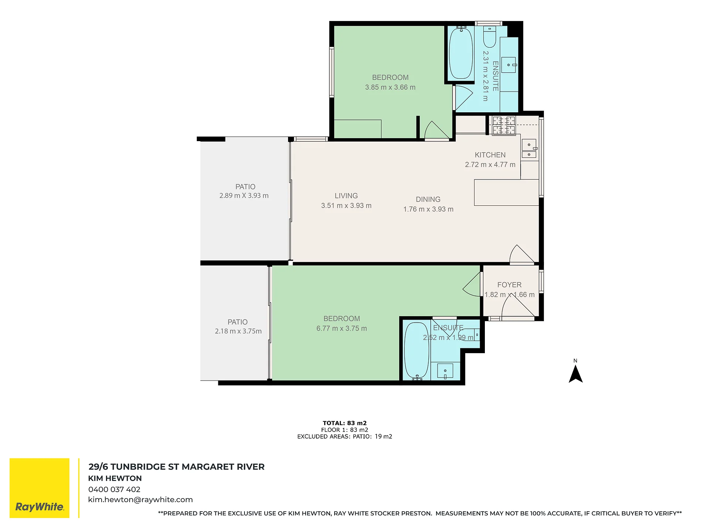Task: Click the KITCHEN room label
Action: tap(490, 155)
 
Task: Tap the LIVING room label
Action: tap(346, 196)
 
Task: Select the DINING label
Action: tap(428, 199)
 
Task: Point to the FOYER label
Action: tap(509, 285)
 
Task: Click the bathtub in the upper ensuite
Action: tap(460, 53)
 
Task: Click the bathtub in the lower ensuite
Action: tap(417, 351)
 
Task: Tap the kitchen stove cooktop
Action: tap(504, 125)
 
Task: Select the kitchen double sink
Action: tap(529, 149)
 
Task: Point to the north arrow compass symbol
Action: tap(575, 373)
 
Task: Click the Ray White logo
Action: tap(40, 488)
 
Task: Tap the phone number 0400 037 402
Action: tap(114, 490)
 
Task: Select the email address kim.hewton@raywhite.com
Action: tap(140, 500)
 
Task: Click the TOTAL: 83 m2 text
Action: tap(345, 423)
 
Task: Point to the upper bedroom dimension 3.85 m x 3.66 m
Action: tap(390, 88)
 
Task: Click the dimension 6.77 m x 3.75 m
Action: tap(342, 328)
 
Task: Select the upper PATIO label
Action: tap(245, 187)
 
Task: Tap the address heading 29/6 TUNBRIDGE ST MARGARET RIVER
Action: tap(177, 467)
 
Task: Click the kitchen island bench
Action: tap(506, 192)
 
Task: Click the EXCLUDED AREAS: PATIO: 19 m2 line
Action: tap(345, 437)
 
